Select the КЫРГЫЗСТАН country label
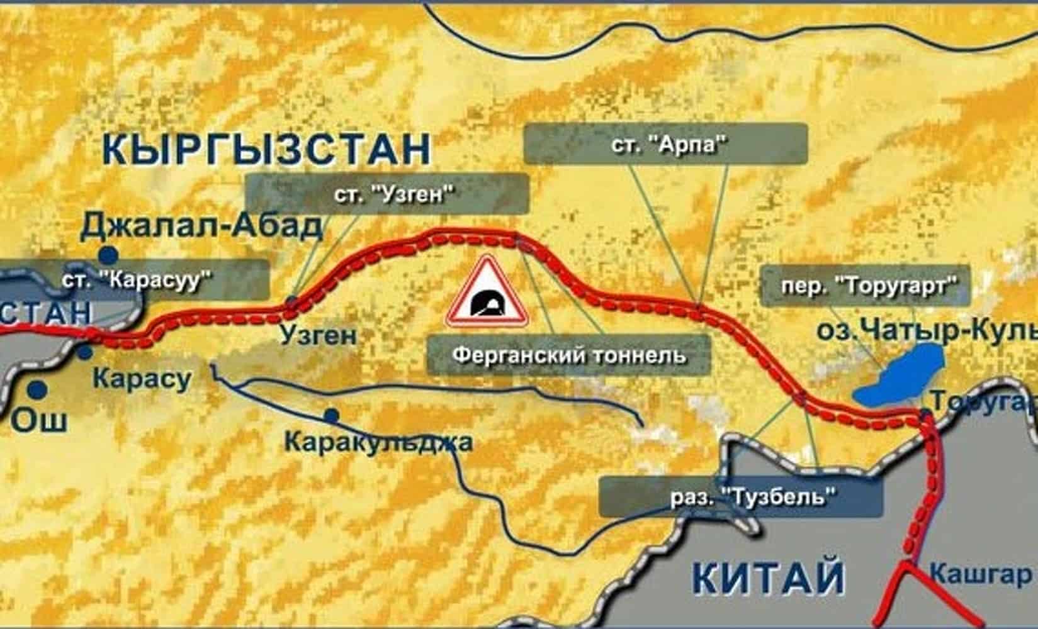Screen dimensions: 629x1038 click(x=266, y=148)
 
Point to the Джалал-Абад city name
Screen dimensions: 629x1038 click(x=201, y=226)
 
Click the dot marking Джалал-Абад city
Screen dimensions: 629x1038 click(x=109, y=255)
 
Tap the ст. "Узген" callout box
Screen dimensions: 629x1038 click(x=386, y=194)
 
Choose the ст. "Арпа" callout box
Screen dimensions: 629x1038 click(x=665, y=144)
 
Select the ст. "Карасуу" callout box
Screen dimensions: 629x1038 click(x=135, y=279)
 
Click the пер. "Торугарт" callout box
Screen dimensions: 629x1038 click(x=865, y=286)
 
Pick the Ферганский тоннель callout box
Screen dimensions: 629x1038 click(x=568, y=355)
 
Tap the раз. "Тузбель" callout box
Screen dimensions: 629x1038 click(x=740, y=497)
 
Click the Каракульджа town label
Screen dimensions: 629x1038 click(x=378, y=442)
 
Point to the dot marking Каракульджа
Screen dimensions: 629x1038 click(x=331, y=416)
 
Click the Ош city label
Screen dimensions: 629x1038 click(x=40, y=420)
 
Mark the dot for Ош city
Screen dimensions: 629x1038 click(x=38, y=389)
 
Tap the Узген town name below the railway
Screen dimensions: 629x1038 click(x=318, y=335)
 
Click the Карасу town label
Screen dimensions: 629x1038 click(x=142, y=379)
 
